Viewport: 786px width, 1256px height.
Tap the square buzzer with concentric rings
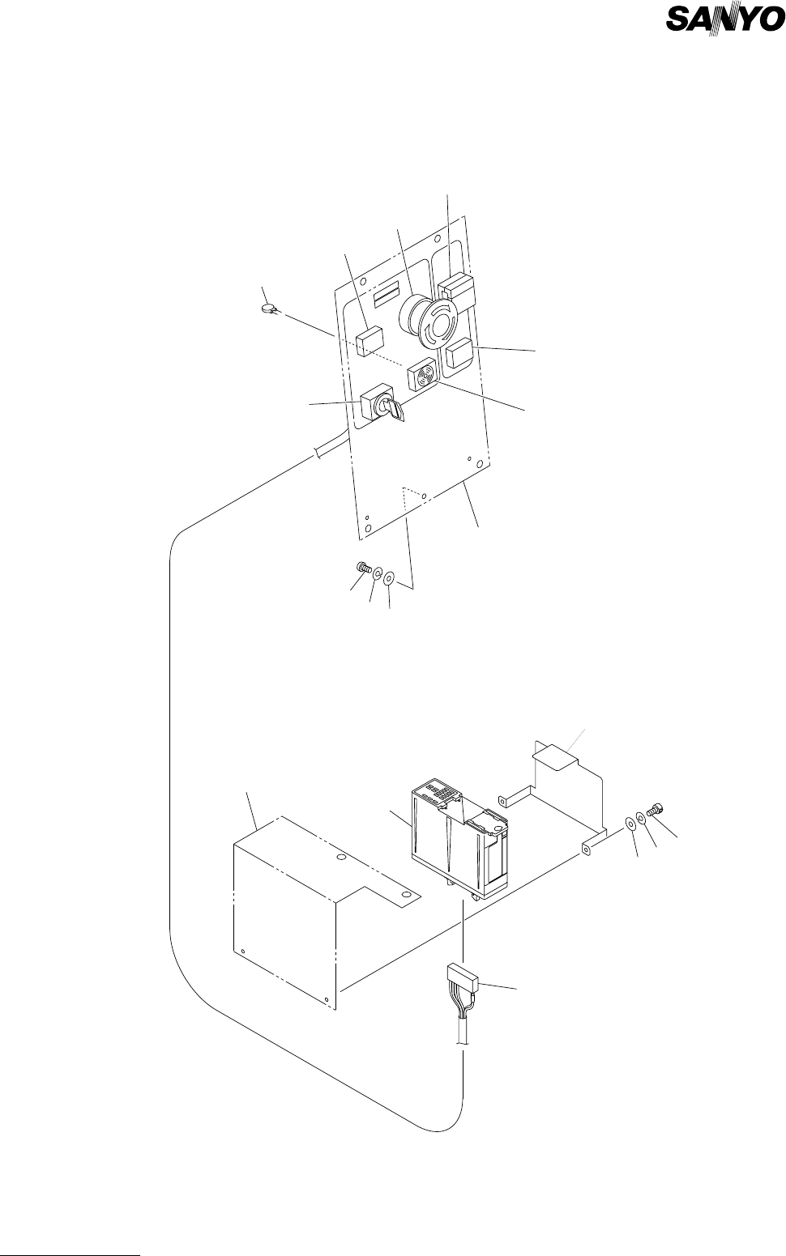(423, 374)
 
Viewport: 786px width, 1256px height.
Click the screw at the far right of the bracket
(657, 809)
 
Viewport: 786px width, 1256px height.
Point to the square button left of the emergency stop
(369, 341)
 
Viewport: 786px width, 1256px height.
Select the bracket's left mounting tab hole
(502, 803)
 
